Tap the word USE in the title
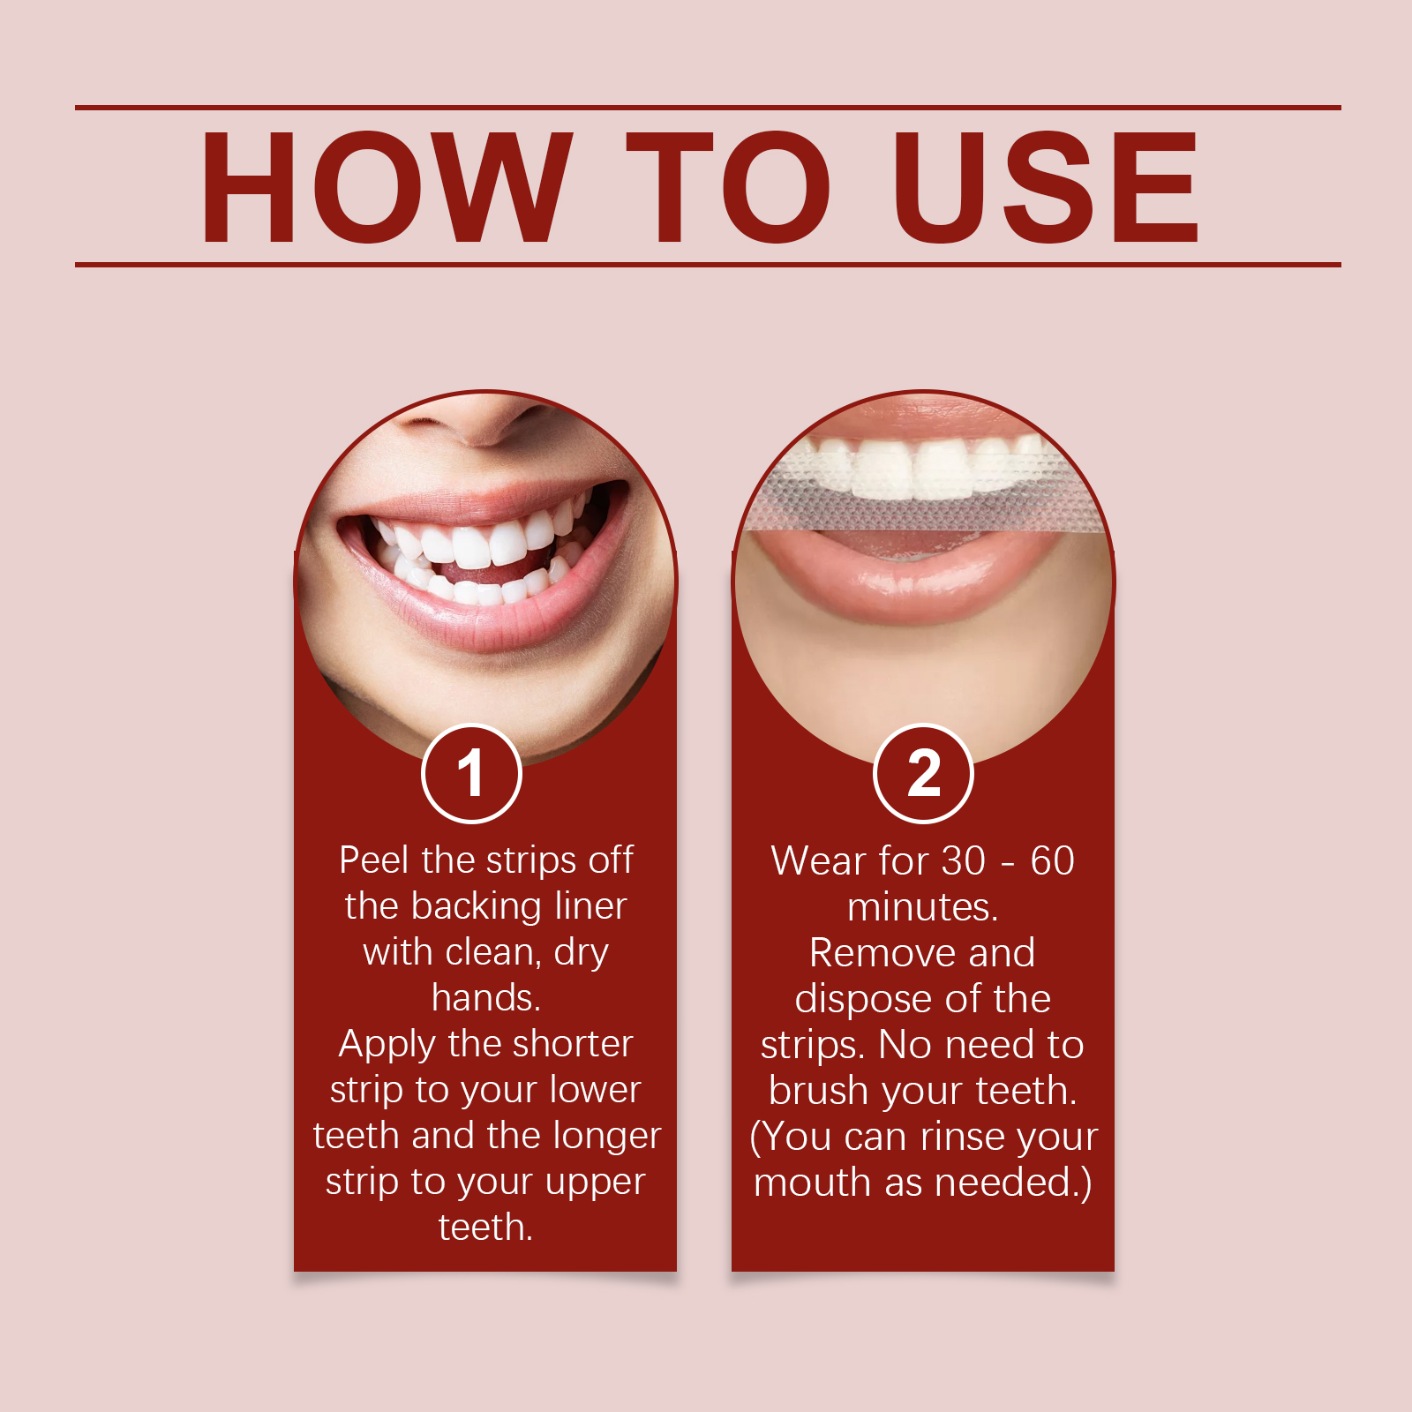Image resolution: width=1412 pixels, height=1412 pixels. [1046, 187]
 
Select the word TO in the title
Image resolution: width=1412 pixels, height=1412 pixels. [728, 187]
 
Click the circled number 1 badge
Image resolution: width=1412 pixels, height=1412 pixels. [472, 774]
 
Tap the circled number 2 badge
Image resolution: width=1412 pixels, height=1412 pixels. [923, 774]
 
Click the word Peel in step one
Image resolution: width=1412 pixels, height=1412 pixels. [374, 860]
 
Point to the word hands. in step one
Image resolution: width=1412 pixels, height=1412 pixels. [486, 998]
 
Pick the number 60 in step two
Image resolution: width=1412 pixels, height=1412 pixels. [1052, 861]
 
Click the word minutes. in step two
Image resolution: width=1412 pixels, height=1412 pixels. [923, 907]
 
